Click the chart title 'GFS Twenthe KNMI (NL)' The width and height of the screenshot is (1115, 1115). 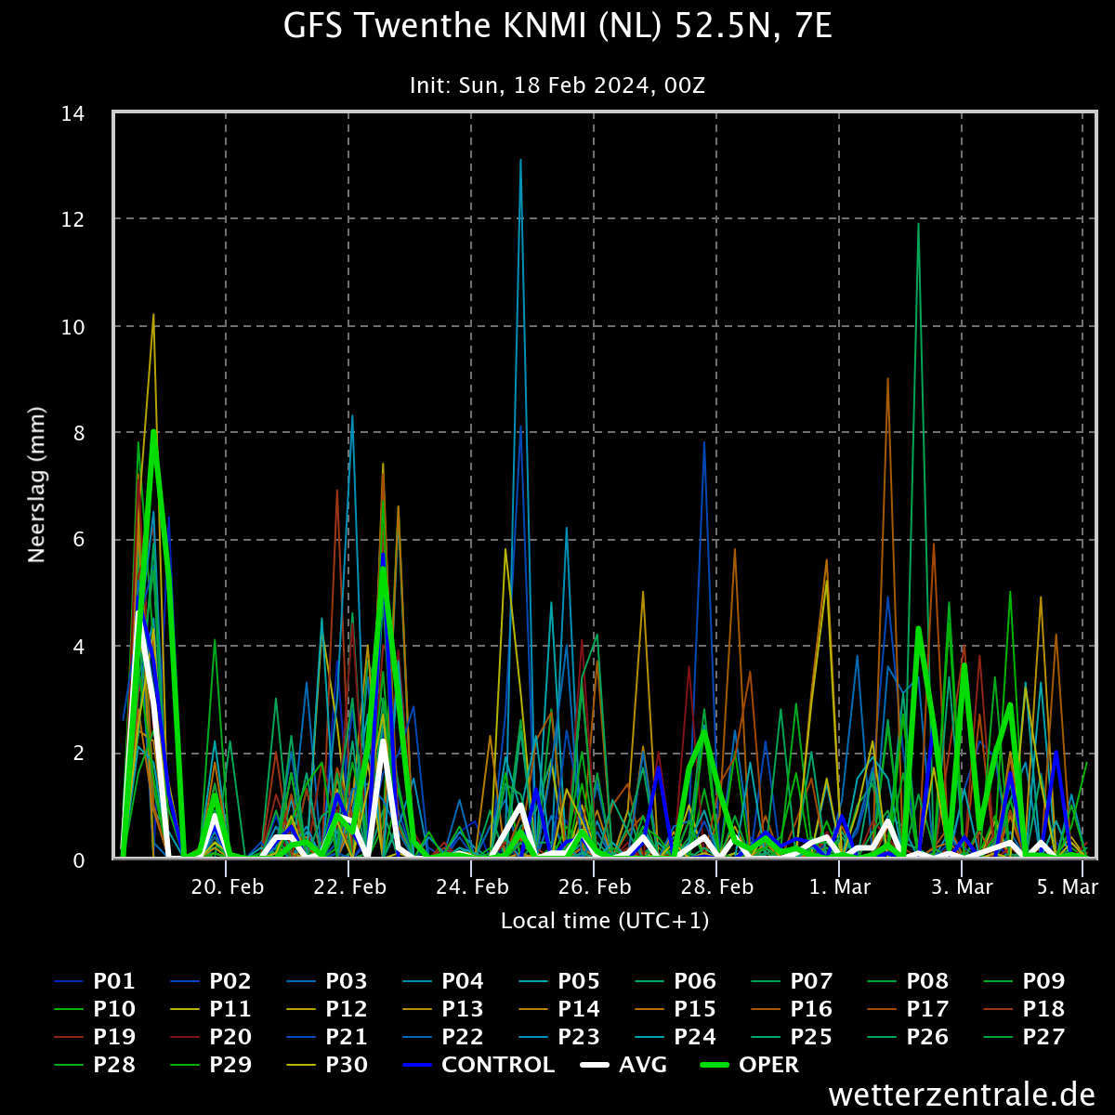(472, 27)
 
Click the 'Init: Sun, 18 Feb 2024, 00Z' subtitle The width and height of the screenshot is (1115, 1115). (557, 85)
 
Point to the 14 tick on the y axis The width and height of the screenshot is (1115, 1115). (72, 114)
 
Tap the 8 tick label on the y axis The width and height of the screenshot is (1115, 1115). (79, 433)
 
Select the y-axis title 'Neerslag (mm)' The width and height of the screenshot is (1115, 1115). (36, 485)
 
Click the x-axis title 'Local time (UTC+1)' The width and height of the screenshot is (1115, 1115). (605, 921)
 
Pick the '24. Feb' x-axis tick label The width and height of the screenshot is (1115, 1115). (472, 887)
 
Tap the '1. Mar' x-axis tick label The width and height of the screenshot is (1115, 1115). (840, 887)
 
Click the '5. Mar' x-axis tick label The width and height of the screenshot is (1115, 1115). (1067, 887)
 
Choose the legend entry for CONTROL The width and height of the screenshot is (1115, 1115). (479, 1065)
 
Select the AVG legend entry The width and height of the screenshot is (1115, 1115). (623, 1065)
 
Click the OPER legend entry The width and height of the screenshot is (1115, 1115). (750, 1065)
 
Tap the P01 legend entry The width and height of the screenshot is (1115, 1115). (95, 981)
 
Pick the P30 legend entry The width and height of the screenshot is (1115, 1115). (327, 1065)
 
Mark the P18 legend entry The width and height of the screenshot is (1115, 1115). (1024, 1009)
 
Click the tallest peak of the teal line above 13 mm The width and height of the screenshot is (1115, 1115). (520, 159)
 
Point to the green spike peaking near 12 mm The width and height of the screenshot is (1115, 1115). (918, 223)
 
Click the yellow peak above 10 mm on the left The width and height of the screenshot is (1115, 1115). (153, 314)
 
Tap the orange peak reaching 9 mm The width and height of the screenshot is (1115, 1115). (887, 378)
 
